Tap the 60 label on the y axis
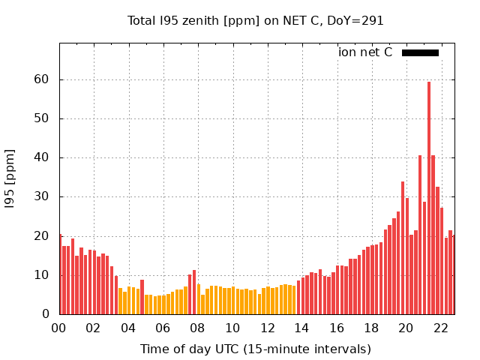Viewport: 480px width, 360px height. pyautogui.click(x=45, y=79)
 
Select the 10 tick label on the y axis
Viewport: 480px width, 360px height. pyautogui.click(x=45, y=275)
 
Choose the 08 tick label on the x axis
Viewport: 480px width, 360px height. pyautogui.click(x=198, y=328)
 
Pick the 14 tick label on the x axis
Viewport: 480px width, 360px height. pyautogui.click(x=302, y=328)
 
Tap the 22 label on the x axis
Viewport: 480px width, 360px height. pyautogui.click(x=441, y=328)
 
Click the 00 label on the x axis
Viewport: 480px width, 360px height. pyautogui.click(x=59, y=328)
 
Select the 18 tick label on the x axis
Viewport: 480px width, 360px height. pyautogui.click(x=371, y=328)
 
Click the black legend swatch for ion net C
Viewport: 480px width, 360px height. pyautogui.click(x=420, y=52)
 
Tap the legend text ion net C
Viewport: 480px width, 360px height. pyautogui.click(x=365, y=52)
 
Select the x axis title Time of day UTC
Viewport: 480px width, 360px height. pyautogui.click(x=256, y=349)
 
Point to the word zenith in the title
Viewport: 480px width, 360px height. pyautogui.click(x=198, y=20)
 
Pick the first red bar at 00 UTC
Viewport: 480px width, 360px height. pyautogui.click(x=61, y=274)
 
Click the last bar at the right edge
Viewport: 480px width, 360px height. pyautogui.click(x=454, y=274)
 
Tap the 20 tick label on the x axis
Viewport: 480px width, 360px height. pyautogui.click(x=406, y=328)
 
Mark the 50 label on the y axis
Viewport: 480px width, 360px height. pyautogui.click(x=45, y=118)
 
